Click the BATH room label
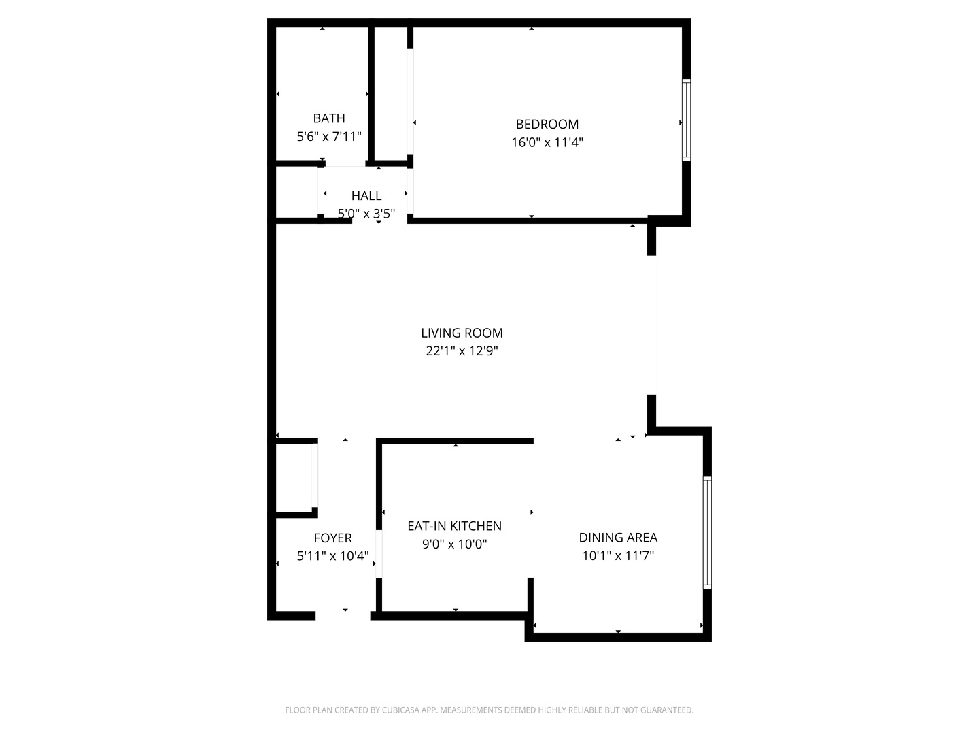pos(329,118)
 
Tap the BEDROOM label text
pos(547,124)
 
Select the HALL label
pos(366,196)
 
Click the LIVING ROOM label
pos(462,333)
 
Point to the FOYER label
pos(333,538)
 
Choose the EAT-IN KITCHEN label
pos(454,526)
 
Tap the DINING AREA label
pos(618,538)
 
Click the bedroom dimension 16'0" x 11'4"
pos(547,143)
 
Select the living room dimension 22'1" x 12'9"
pos(462,351)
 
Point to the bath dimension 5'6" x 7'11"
pos(329,137)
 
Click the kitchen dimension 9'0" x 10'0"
pos(454,544)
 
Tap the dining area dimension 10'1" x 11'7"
pos(618,556)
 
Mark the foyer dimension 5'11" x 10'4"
pos(333,556)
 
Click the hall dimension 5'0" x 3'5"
pos(366,214)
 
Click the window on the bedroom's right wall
pos(686,120)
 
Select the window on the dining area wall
pos(707,532)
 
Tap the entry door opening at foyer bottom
pos(343,616)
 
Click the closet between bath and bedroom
pos(391,94)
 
